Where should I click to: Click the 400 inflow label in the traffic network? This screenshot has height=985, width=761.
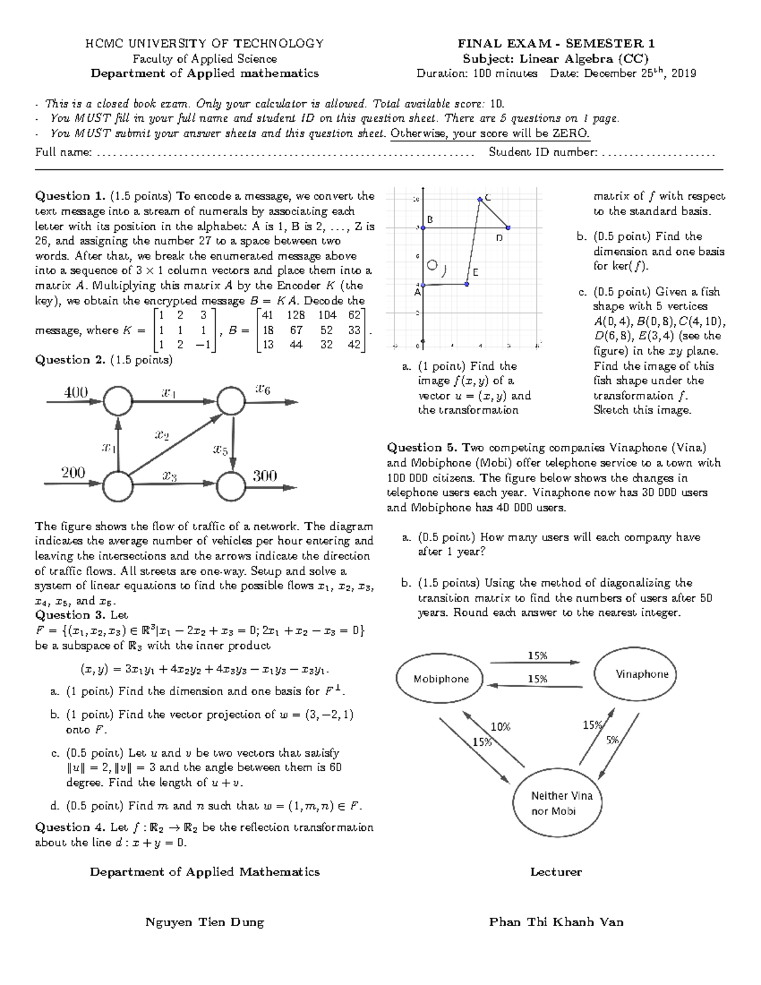(75, 393)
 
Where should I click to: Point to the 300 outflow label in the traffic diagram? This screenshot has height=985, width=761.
(265, 476)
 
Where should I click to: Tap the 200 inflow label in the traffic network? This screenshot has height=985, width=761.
(74, 473)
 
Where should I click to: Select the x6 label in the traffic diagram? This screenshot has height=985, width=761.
(263, 389)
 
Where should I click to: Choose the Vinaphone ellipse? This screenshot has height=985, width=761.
(642, 674)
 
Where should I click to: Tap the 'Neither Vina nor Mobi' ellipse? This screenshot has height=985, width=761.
(562, 803)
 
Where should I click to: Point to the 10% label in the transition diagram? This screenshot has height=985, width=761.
(500, 727)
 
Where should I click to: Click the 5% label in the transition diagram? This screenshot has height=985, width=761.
(613, 740)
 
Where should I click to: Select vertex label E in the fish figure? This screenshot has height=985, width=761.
(474, 272)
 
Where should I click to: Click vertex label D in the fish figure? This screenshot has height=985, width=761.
(499, 238)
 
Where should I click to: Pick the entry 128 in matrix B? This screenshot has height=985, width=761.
(296, 315)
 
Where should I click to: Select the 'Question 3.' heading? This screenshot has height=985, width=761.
(70, 615)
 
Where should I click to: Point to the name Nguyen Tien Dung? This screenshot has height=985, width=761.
(205, 922)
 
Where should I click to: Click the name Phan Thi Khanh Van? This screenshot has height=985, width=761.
(556, 922)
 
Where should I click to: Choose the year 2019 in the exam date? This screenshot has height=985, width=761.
(683, 74)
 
